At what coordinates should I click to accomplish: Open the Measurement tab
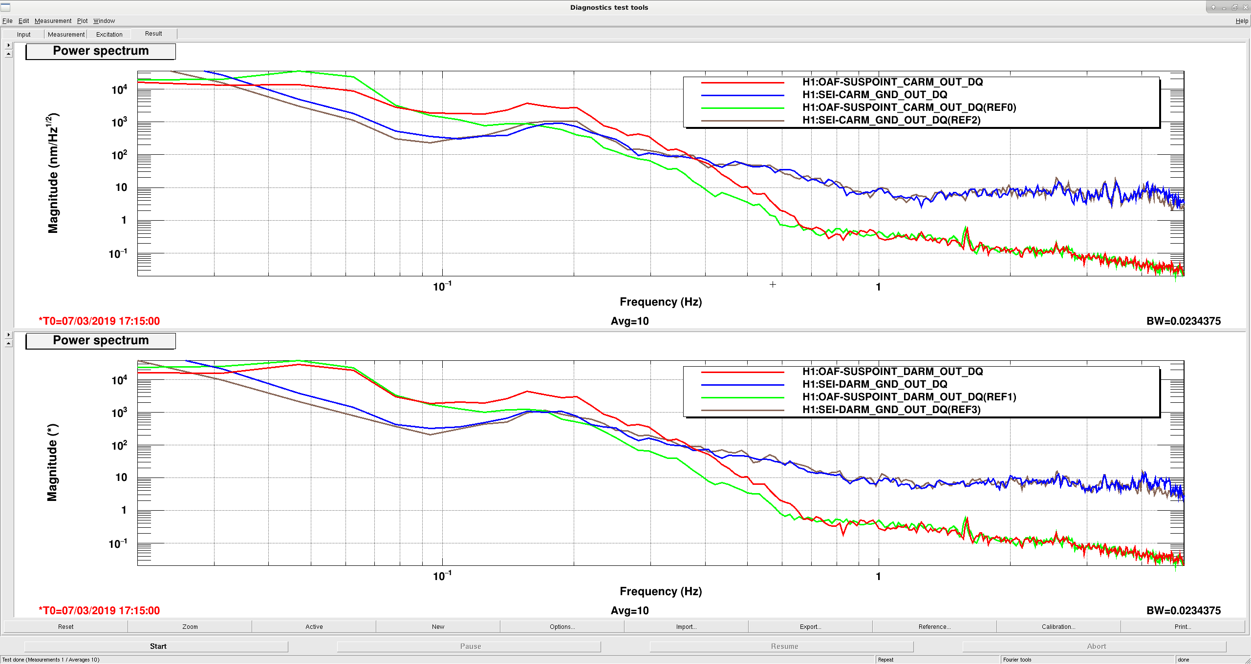click(x=66, y=35)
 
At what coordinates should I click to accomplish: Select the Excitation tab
click(x=109, y=35)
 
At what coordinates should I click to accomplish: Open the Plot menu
click(x=82, y=21)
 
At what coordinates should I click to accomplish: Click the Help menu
click(x=1242, y=21)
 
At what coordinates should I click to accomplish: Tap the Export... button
click(x=810, y=626)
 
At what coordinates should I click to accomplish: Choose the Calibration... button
click(x=1058, y=626)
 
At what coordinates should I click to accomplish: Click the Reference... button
click(x=934, y=626)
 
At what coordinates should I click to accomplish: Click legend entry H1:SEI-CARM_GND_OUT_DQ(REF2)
click(x=891, y=120)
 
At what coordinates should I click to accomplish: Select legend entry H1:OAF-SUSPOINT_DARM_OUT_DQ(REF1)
click(x=909, y=397)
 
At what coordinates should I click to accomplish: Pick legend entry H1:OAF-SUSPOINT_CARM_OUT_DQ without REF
click(x=892, y=82)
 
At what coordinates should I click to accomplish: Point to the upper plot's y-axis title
click(x=53, y=173)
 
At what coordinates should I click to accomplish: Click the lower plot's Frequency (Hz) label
click(x=661, y=591)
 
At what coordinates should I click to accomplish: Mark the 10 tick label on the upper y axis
click(x=121, y=187)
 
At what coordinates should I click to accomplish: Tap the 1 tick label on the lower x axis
click(x=878, y=577)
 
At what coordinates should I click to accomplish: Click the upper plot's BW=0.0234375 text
click(x=1184, y=321)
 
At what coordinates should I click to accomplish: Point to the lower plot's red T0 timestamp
click(x=99, y=611)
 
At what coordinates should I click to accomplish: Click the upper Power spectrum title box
click(x=101, y=51)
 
